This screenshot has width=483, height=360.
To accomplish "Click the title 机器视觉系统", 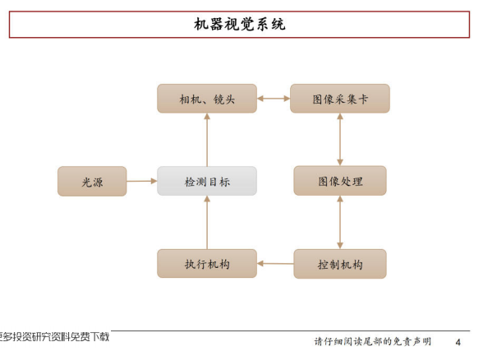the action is (240, 24).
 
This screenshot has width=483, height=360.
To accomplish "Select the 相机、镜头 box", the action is (207, 99).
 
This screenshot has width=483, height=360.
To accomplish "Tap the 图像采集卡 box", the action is (340, 99).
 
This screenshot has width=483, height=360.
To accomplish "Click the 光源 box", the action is (92, 181).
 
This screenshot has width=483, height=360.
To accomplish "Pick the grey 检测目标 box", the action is (207, 181).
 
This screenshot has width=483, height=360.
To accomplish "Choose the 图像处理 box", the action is (340, 181).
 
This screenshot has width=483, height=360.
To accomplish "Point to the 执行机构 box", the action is (207, 264).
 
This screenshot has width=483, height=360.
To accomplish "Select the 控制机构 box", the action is (340, 264).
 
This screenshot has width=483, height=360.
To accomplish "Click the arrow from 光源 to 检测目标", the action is (141, 181).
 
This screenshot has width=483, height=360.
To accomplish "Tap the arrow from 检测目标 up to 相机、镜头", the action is (207, 140).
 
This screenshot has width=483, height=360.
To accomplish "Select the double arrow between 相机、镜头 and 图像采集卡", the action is (274, 99).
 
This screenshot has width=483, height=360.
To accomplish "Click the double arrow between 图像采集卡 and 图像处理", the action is (340, 140).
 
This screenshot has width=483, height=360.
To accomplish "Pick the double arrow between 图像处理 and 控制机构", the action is (340, 223).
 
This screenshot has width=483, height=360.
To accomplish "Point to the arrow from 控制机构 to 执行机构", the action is (275, 264).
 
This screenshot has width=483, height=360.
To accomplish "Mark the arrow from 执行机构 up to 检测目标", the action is (207, 223).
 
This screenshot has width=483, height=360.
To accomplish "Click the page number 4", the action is (458, 342).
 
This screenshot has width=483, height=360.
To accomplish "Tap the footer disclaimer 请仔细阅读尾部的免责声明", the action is (373, 342).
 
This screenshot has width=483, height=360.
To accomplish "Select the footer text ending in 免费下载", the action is (54, 337).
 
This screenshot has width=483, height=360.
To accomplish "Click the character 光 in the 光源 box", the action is (86, 182).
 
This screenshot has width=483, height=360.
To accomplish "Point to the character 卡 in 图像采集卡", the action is (363, 99).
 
